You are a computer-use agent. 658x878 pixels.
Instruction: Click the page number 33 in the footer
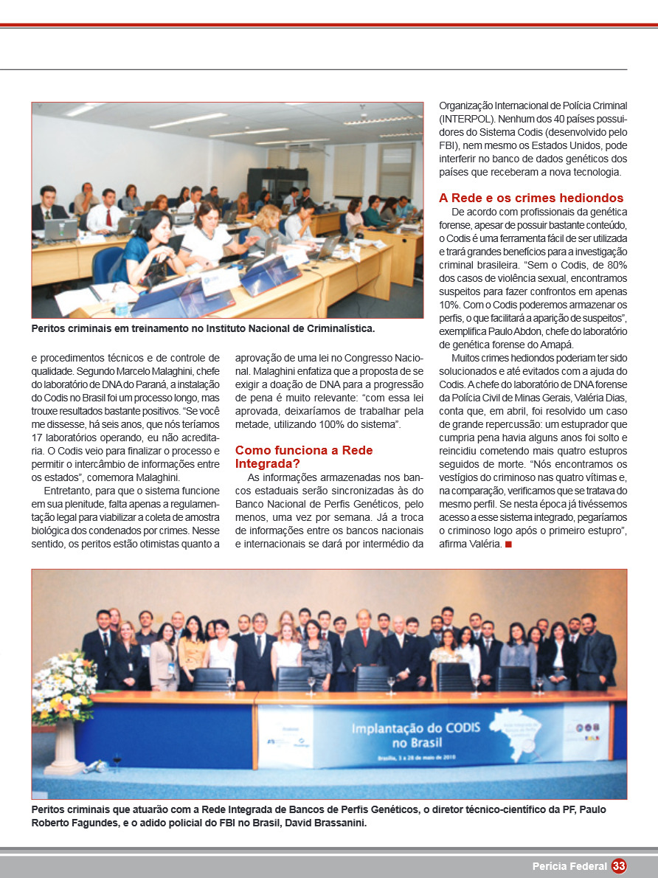point(618,865)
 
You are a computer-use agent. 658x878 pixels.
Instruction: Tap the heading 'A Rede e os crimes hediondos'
point(531,198)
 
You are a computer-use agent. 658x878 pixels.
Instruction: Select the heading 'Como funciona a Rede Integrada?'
point(304,457)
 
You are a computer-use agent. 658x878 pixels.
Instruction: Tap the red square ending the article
point(508,545)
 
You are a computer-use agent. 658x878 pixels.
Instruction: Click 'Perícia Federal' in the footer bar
point(569,865)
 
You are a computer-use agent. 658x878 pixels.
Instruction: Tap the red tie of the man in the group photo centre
point(364,637)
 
